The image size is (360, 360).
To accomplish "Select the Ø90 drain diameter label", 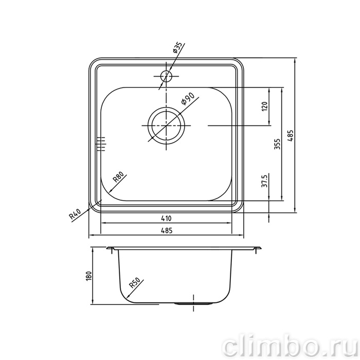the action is tap(187, 99).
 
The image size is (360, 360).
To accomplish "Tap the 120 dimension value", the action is tap(264, 106).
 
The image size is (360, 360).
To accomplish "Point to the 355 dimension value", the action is tap(277, 144).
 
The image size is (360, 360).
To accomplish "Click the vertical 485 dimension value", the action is tap(290, 136).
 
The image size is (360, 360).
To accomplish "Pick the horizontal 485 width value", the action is tap(166, 230).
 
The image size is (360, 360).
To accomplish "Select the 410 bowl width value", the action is tap(166, 218).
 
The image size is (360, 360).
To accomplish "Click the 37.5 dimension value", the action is tap(264, 181).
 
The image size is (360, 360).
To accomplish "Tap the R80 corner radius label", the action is tap(119, 177).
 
